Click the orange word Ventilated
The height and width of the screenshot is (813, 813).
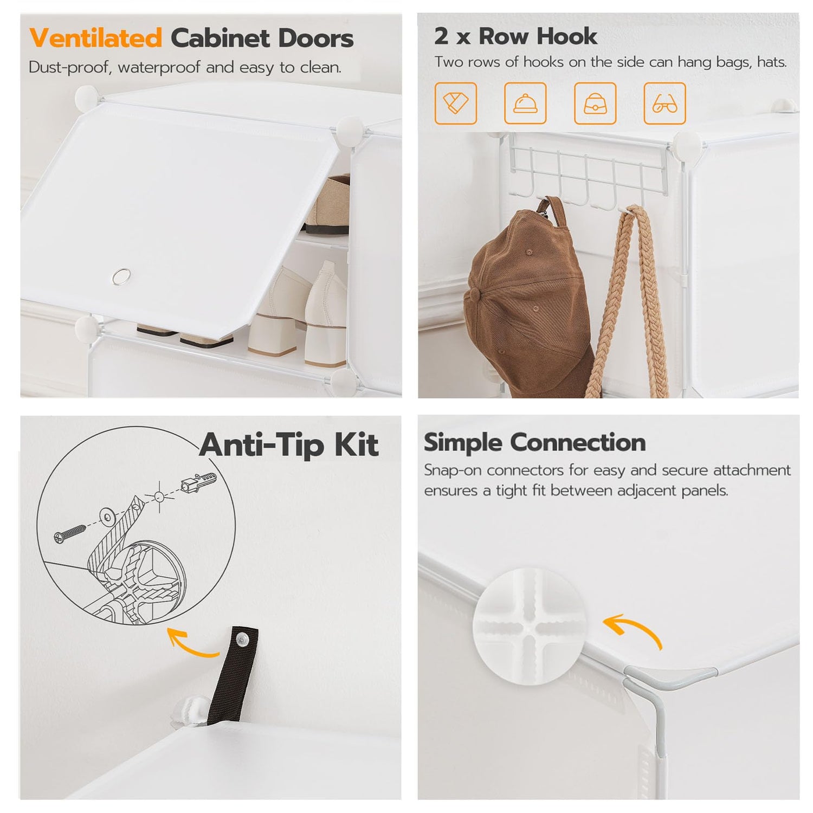95,38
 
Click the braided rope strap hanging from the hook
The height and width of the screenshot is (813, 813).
631,301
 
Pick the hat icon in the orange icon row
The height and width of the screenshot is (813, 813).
525,103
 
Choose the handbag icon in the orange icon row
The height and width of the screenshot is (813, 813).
595,103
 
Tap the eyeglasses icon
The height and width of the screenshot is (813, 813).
664,103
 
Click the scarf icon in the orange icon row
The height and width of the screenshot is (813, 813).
456,103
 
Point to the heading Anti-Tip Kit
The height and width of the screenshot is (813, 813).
288,445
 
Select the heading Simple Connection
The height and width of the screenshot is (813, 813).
534,442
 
